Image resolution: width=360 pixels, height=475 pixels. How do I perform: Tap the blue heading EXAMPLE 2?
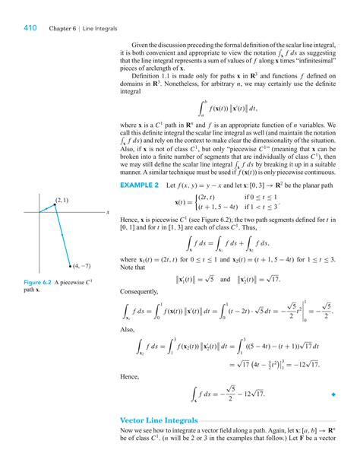tap(139, 185)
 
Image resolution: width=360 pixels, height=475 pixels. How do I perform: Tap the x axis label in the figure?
tap(108, 212)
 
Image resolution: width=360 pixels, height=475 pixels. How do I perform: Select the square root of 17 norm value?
tap(299, 278)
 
